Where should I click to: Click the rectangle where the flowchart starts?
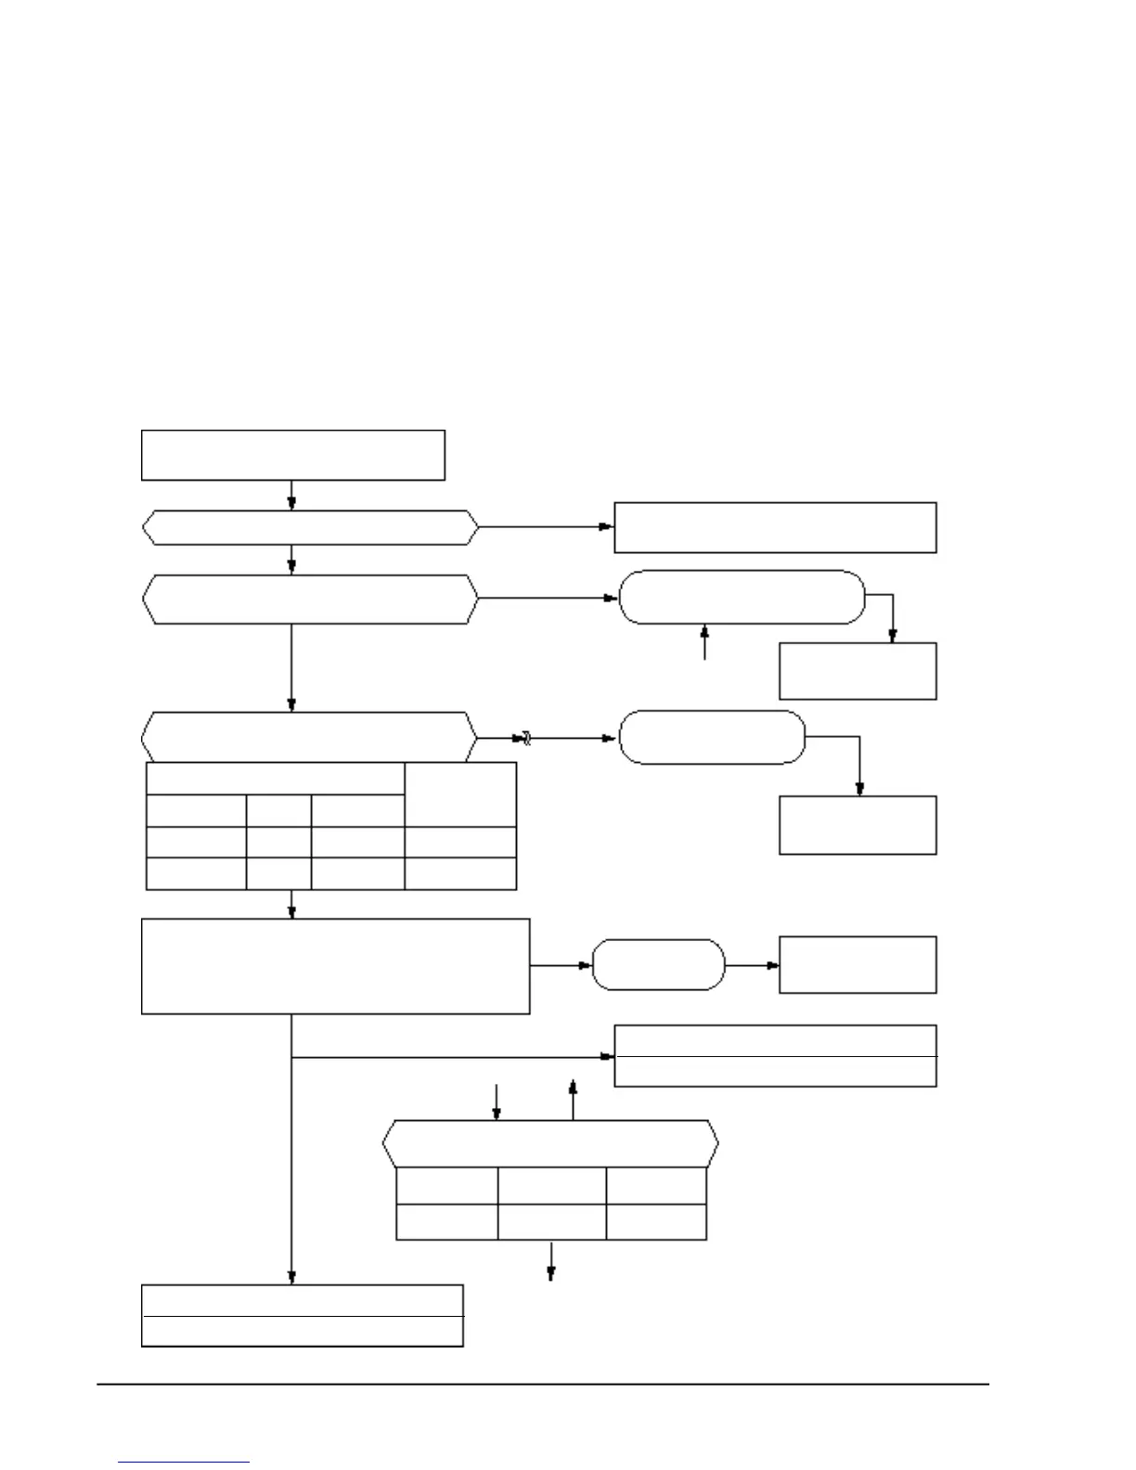click(x=292, y=455)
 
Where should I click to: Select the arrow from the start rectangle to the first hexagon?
click(x=292, y=495)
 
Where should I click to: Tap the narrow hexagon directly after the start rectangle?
click(x=310, y=527)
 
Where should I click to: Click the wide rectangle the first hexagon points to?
click(x=775, y=527)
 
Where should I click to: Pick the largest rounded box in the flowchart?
click(x=742, y=597)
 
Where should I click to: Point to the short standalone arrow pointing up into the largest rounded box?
click(x=705, y=642)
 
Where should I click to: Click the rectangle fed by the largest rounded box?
click(x=858, y=670)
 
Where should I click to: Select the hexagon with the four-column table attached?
click(x=309, y=738)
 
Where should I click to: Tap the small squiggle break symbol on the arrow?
click(x=523, y=739)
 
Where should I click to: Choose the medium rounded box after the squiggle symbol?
click(x=711, y=738)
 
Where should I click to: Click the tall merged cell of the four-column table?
click(x=460, y=794)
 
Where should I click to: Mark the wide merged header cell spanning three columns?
click(x=276, y=779)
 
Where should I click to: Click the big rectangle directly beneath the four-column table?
click(x=335, y=966)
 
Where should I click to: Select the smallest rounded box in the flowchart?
click(x=658, y=965)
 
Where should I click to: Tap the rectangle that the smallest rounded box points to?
click(x=858, y=965)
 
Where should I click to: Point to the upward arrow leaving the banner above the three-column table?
click(x=573, y=1100)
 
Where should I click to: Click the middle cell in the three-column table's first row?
click(x=551, y=1185)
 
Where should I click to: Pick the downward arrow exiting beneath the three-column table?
click(x=551, y=1261)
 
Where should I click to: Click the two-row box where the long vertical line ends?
click(x=302, y=1315)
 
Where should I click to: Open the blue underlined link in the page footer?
click(x=184, y=1462)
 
